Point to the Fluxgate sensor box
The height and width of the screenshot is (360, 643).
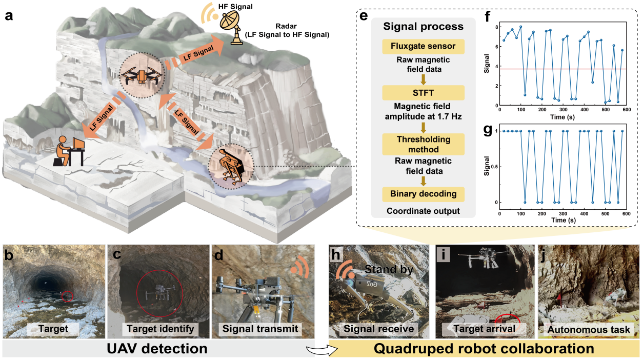[423, 47]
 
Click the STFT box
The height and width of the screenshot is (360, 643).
[423, 93]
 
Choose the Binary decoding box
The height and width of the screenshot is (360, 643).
[423, 194]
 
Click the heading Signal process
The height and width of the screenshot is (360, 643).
[423, 26]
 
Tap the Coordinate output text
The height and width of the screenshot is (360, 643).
[423, 210]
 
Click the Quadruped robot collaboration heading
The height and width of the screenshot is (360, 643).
[485, 349]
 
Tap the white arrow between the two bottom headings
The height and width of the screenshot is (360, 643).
[321, 349]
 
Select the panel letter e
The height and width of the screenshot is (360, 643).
[364, 15]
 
